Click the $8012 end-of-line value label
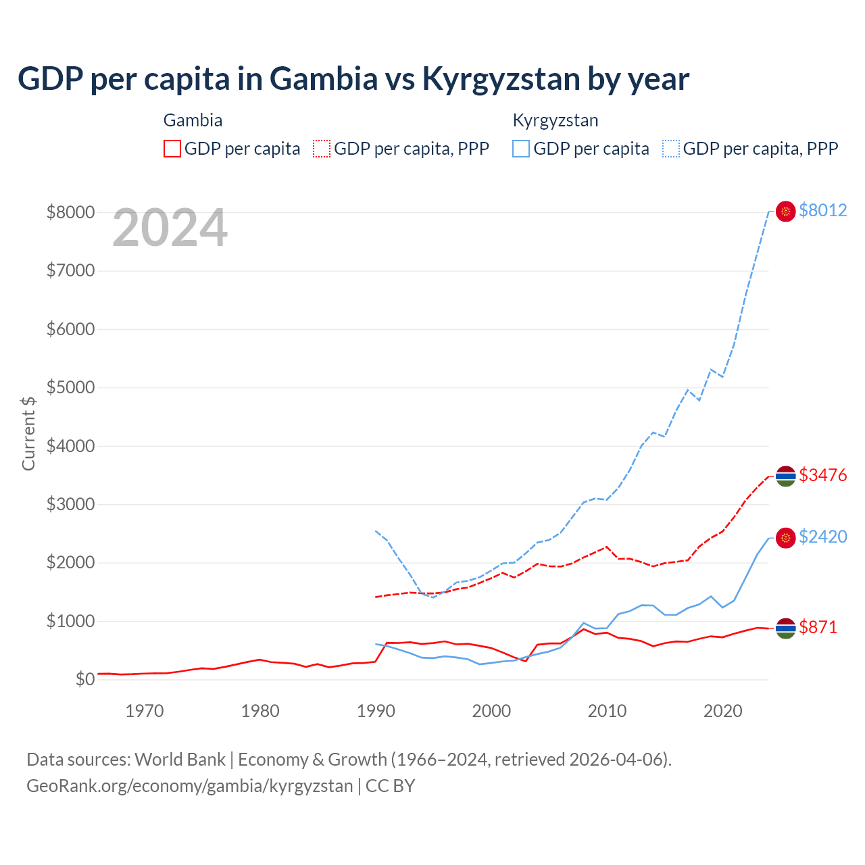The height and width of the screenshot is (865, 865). point(822,210)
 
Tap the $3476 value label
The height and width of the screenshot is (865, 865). point(822,475)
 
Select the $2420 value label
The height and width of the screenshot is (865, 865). point(822,537)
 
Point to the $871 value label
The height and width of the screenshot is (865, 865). point(818,627)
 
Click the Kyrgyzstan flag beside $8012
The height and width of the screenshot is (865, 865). point(785,212)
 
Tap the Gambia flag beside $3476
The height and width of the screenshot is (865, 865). point(785,476)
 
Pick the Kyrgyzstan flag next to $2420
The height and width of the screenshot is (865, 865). point(785,538)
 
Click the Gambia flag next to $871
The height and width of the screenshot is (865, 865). point(785,628)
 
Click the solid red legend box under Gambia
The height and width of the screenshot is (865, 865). point(172,149)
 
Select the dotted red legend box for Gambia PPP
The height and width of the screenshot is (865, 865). point(322,149)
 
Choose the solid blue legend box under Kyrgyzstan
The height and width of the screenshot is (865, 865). point(521,149)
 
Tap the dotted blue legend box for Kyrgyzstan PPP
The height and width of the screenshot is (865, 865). point(671,149)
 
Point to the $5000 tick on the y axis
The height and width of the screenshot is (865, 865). point(70,388)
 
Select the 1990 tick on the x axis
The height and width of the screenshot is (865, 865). point(376,711)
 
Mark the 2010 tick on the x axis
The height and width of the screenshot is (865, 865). point(607,711)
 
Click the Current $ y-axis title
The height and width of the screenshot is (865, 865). point(28,432)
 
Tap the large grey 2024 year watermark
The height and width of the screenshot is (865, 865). point(170,228)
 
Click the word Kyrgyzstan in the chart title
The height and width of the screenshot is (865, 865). point(501,78)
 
